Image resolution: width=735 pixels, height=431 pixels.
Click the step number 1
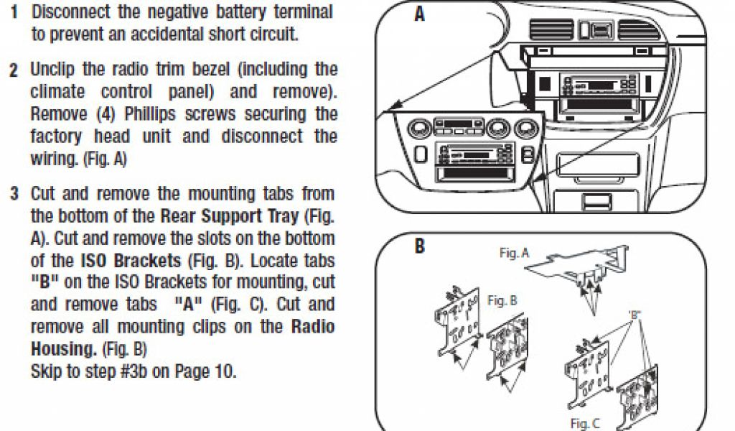14,11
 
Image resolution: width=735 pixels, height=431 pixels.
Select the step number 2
14,71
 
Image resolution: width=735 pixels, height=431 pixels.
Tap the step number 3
14,195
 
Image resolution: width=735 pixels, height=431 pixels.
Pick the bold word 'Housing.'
63,350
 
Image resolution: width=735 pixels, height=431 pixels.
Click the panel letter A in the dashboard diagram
419,14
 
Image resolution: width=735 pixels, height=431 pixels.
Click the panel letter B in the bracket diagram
420,246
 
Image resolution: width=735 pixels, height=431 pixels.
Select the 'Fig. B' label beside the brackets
502,301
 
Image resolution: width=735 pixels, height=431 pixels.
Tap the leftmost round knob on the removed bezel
417,130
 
